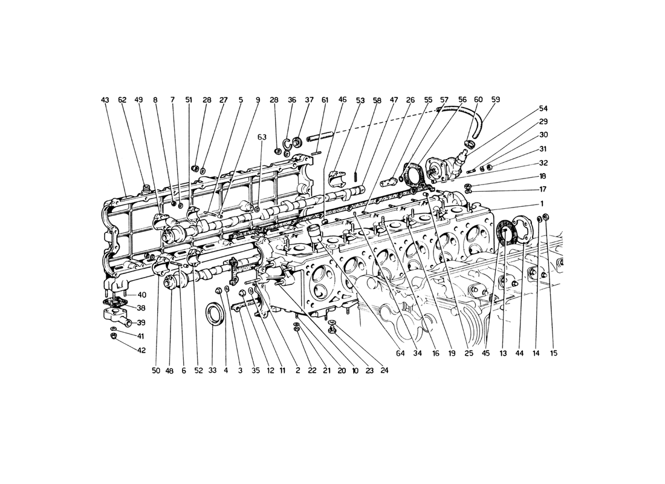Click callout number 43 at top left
click(x=105, y=100)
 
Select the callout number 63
click(x=262, y=137)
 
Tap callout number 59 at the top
click(x=495, y=99)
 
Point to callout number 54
click(x=543, y=109)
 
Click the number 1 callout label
click(x=542, y=203)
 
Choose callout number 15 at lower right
click(x=553, y=353)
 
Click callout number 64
click(x=401, y=353)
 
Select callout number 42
click(x=141, y=350)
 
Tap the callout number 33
click(x=212, y=370)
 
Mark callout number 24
click(x=384, y=370)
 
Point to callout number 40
click(x=141, y=295)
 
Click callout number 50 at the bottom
click(x=156, y=370)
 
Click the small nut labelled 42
click(x=113, y=336)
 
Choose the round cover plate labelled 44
click(x=522, y=231)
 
